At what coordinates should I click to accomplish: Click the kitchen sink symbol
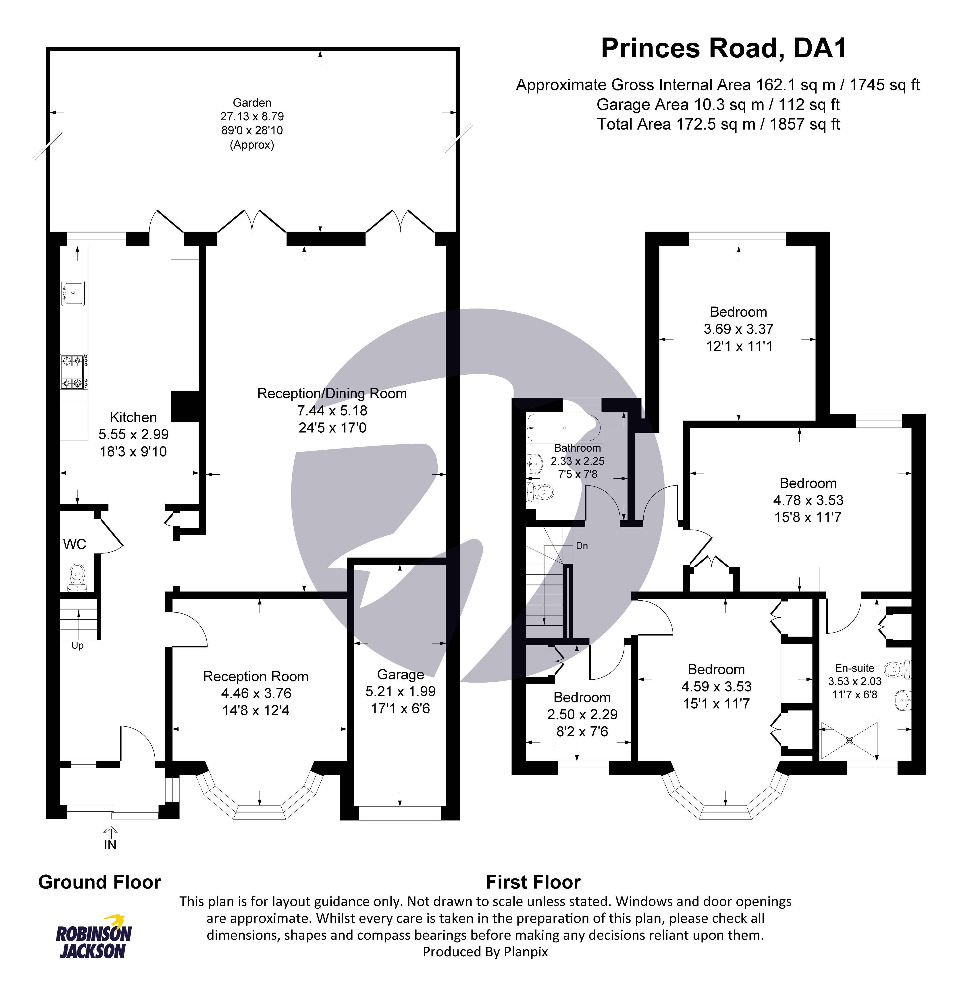pos(73,293)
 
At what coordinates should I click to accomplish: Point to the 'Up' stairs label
pos(77,646)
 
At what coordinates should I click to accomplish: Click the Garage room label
pos(400,675)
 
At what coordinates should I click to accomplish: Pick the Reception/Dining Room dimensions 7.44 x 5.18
pos(332,411)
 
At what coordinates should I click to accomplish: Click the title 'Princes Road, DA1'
pos(723,48)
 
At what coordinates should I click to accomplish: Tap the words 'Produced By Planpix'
pos(485,951)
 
